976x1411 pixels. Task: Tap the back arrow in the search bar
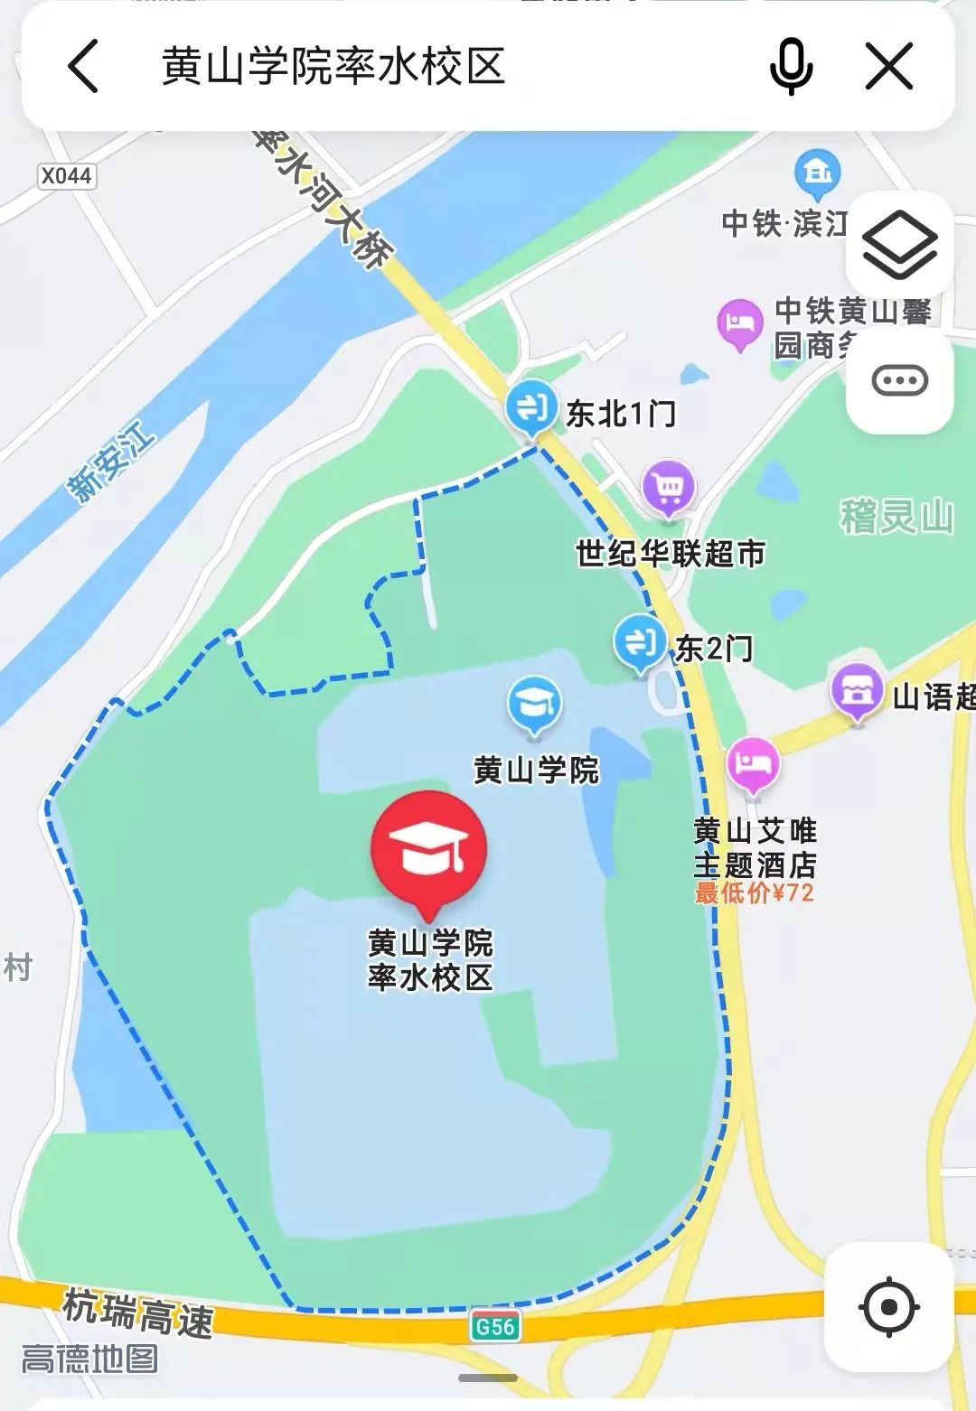point(83,66)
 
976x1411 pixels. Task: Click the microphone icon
point(791,66)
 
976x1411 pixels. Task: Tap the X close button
point(889,66)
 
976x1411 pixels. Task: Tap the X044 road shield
point(67,175)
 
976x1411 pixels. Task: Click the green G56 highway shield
point(495,1326)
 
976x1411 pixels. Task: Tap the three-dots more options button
point(899,380)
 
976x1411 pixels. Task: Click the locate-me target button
point(889,1306)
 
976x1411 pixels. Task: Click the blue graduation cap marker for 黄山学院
point(534,704)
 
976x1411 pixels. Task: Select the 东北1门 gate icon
point(531,407)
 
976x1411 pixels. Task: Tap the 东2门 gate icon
point(640,641)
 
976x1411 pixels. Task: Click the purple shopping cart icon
point(669,488)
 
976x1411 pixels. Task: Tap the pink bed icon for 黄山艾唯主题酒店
point(753,763)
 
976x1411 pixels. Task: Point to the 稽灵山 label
point(896,517)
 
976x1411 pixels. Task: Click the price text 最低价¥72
point(754,893)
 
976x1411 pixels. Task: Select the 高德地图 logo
point(89,1359)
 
